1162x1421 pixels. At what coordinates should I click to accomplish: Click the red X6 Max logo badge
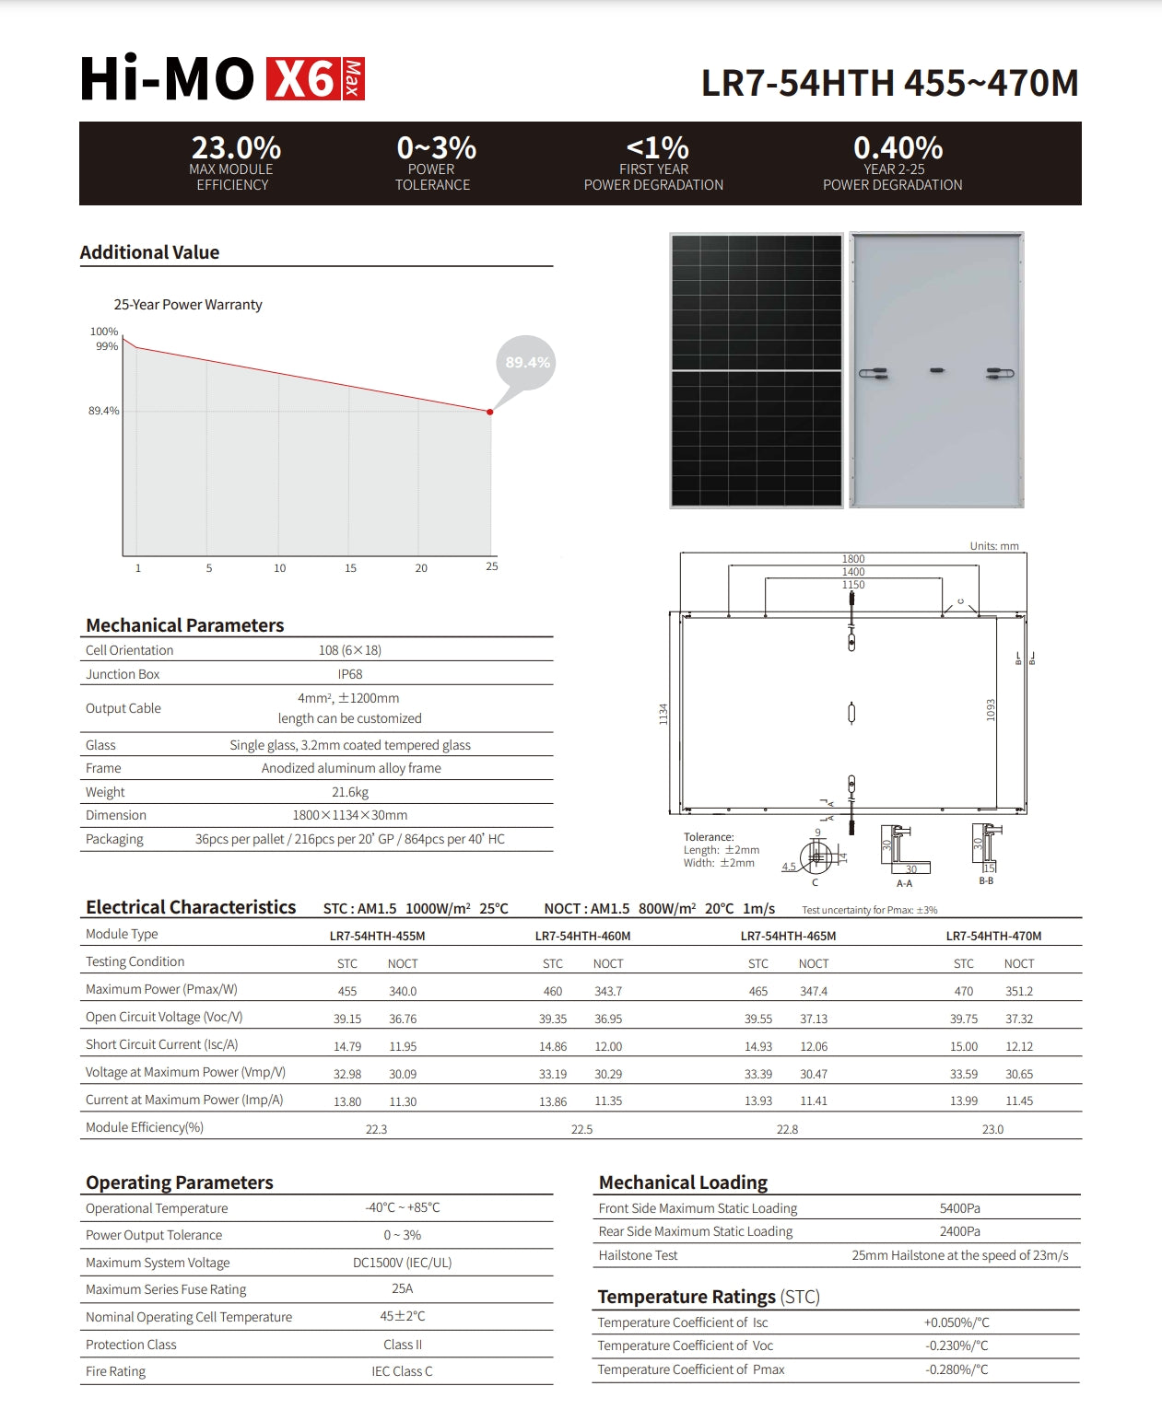(x=315, y=79)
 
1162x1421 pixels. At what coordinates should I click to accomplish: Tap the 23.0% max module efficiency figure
(x=236, y=147)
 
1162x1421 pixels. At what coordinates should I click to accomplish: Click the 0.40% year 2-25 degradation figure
(x=898, y=147)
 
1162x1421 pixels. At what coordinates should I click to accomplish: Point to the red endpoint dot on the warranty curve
(x=490, y=412)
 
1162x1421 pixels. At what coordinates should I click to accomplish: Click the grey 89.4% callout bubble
(x=527, y=363)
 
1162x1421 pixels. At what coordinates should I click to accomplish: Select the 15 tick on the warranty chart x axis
(x=350, y=568)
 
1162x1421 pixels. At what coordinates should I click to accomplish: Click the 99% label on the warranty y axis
(x=107, y=346)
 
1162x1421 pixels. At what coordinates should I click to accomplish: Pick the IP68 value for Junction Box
(x=350, y=674)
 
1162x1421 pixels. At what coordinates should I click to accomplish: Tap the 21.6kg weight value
(x=350, y=792)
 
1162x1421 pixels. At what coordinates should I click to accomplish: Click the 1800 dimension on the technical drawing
(x=853, y=559)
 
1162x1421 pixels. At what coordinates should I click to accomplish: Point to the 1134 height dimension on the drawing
(x=663, y=714)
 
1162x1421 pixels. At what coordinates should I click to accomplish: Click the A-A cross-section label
(x=905, y=883)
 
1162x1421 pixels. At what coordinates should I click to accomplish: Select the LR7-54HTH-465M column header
(x=788, y=936)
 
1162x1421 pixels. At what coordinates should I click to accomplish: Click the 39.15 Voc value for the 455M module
(x=347, y=1019)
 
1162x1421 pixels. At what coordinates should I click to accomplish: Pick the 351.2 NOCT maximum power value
(x=1019, y=992)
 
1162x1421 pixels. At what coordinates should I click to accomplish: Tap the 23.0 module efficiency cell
(x=992, y=1129)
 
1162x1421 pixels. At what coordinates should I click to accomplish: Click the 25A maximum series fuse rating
(x=402, y=1289)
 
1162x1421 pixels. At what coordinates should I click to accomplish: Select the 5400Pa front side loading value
(x=960, y=1208)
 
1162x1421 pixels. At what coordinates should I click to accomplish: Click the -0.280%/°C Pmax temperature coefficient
(x=957, y=1369)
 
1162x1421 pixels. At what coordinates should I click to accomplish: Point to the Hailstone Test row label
(x=638, y=1255)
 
